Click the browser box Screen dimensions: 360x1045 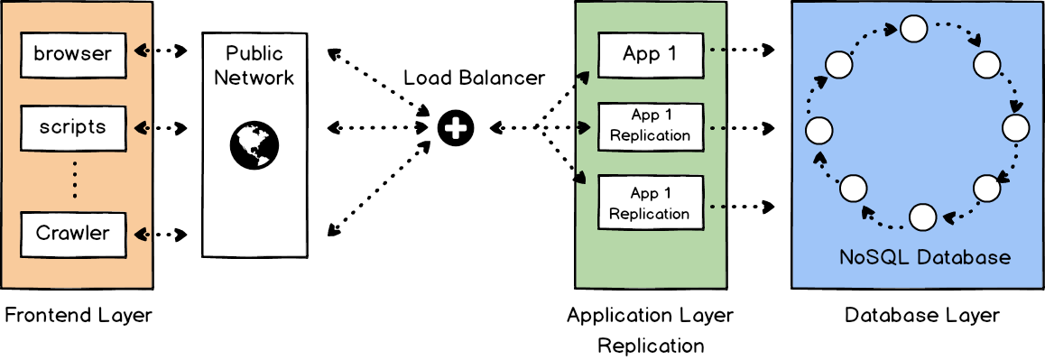tap(72, 54)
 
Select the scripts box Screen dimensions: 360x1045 tap(72, 127)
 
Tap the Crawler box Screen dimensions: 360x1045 tap(72, 234)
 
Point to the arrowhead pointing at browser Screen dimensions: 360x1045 tap(140, 51)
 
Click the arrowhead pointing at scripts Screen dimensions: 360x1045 tap(140, 127)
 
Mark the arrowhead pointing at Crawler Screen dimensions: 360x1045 tap(140, 234)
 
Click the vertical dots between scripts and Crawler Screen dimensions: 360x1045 tap(75, 180)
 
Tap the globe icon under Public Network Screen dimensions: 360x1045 tap(254, 144)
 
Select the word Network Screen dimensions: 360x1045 tap(254, 78)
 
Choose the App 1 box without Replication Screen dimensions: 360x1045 tap(650, 54)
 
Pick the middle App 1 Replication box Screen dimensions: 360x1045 tap(650, 125)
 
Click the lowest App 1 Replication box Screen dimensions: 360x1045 tap(650, 204)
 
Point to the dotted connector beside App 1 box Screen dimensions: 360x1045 tap(718, 51)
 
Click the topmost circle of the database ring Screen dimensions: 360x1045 tap(913, 30)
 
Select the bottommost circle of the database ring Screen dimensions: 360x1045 tap(922, 217)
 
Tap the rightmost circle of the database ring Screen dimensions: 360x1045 tap(1016, 128)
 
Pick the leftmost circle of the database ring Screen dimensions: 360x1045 tap(818, 130)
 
